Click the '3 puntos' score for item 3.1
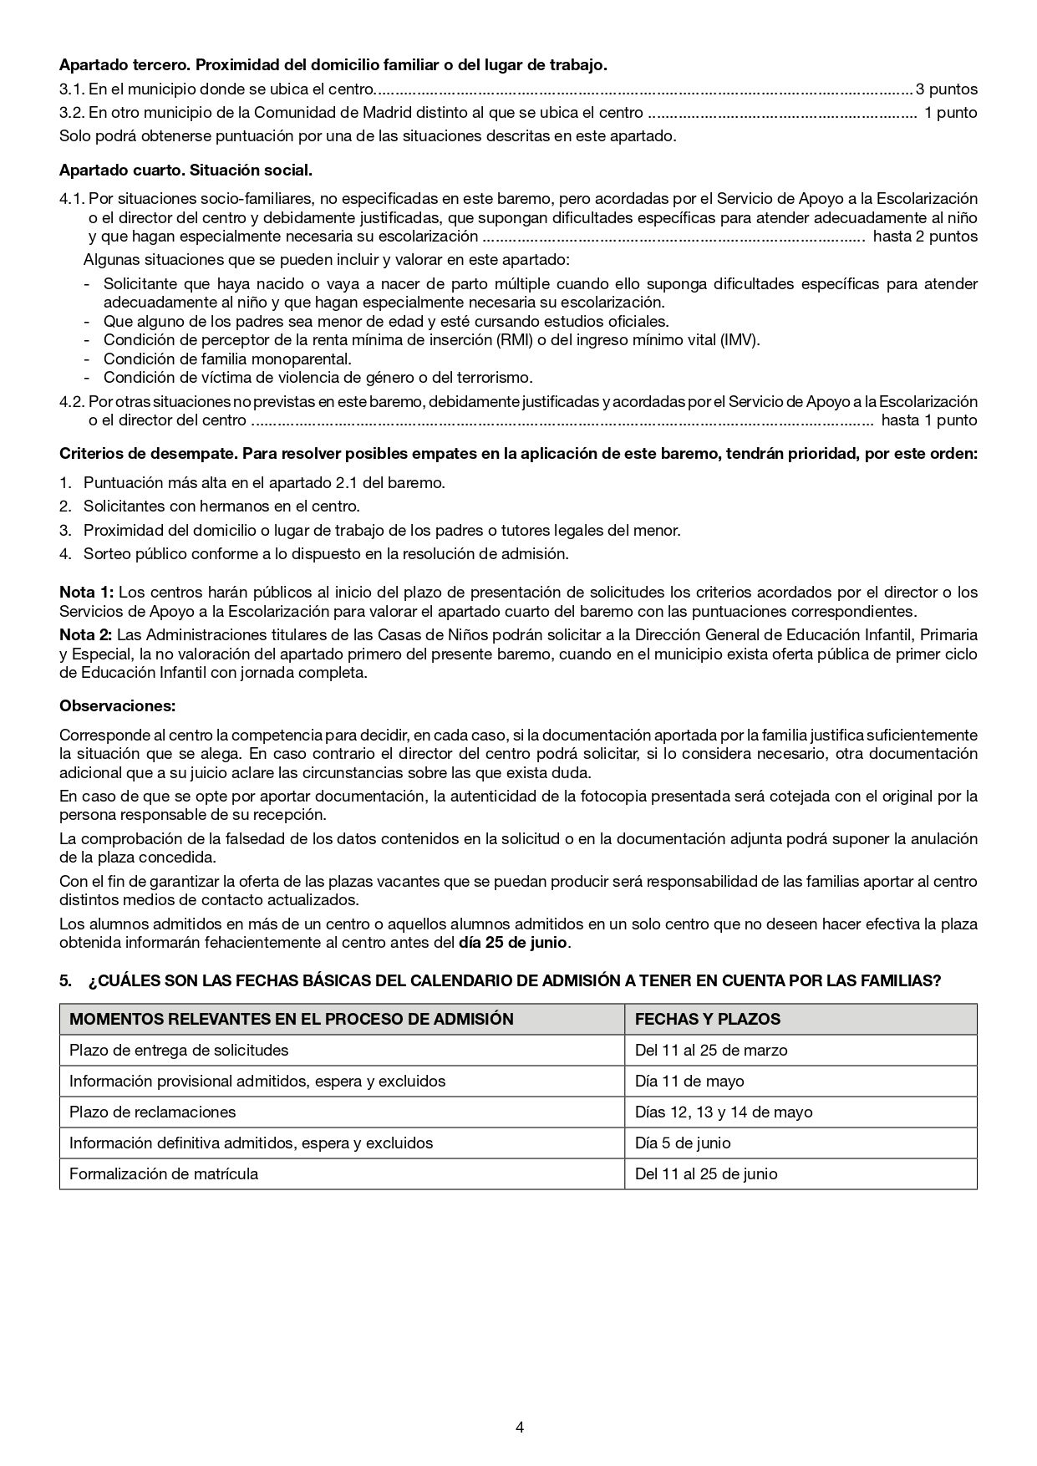[x=946, y=89]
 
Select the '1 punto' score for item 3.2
[x=950, y=112]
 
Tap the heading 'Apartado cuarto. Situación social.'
[x=186, y=171]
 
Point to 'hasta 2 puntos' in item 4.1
[x=925, y=236]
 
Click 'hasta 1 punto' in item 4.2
[x=928, y=420]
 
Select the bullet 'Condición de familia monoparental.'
[x=226, y=359]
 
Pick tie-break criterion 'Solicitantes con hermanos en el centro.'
[x=221, y=506]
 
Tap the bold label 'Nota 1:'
[x=86, y=592]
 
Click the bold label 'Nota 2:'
[x=86, y=634]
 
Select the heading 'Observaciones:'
[x=117, y=705]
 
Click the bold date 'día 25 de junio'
[x=513, y=943]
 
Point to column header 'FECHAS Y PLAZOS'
[x=707, y=1019]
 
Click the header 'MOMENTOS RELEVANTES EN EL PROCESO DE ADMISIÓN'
[x=291, y=1019]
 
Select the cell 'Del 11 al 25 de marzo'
[x=710, y=1050]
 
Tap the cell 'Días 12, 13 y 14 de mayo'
[x=723, y=1112]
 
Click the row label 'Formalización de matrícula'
[x=164, y=1173]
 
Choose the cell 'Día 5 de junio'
[x=682, y=1143]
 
